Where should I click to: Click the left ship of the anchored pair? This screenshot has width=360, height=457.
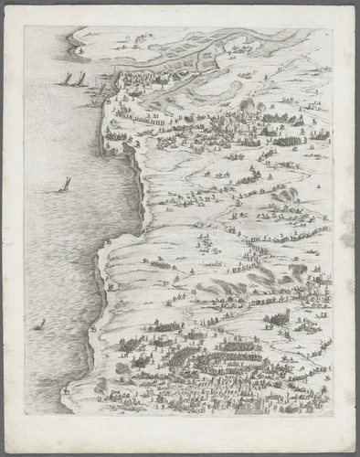point(67,80)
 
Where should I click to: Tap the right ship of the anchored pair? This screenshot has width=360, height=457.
point(82,80)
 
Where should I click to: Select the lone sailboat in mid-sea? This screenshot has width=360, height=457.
point(65,185)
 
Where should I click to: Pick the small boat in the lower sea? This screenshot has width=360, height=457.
point(38,324)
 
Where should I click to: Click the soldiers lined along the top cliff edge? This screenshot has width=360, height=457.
point(137,119)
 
